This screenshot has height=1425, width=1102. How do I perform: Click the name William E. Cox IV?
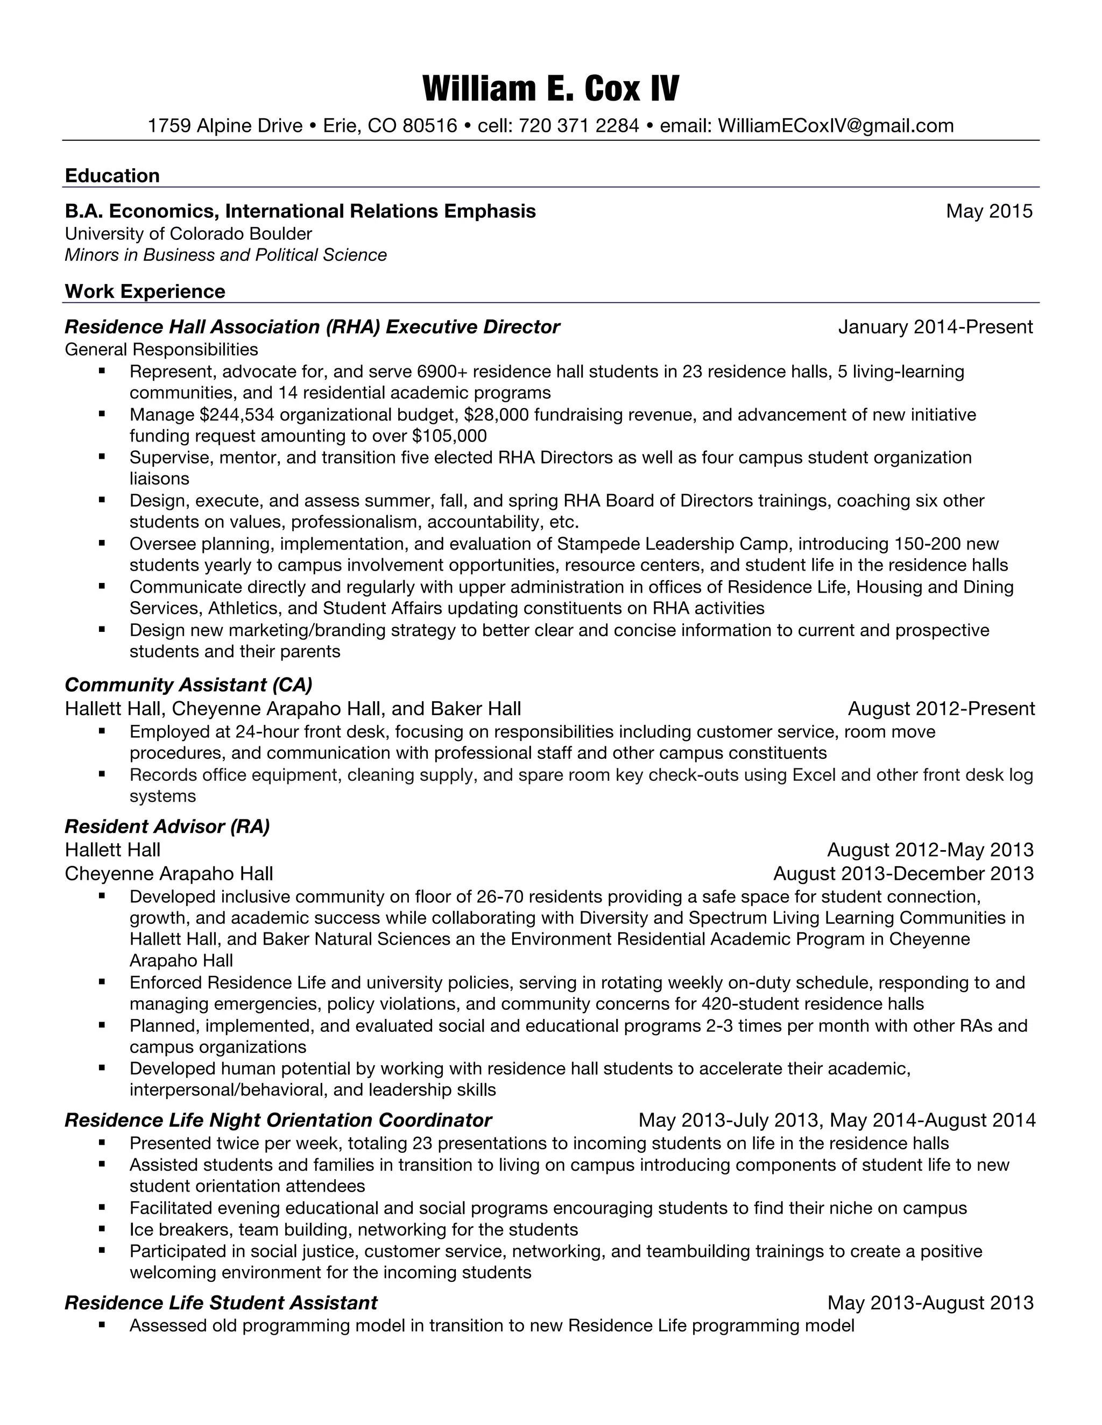550,89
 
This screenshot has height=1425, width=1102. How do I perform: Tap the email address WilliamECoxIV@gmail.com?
836,125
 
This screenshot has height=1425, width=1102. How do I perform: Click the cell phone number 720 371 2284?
578,125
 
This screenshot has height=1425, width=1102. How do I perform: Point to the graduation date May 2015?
988,211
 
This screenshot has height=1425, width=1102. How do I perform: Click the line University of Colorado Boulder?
188,233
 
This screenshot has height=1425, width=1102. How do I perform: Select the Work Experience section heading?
145,291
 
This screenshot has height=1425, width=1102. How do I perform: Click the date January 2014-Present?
935,327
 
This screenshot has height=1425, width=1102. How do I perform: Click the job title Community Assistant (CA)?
189,685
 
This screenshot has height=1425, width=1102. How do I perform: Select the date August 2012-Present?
941,709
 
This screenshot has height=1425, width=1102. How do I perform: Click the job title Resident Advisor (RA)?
167,826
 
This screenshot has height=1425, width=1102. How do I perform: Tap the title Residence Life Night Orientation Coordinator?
278,1120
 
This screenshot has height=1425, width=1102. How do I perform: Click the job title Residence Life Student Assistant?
221,1303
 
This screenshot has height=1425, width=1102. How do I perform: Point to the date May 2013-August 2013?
930,1303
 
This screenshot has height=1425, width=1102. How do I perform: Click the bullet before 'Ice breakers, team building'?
102,1229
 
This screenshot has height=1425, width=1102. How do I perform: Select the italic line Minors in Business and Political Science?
226,255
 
